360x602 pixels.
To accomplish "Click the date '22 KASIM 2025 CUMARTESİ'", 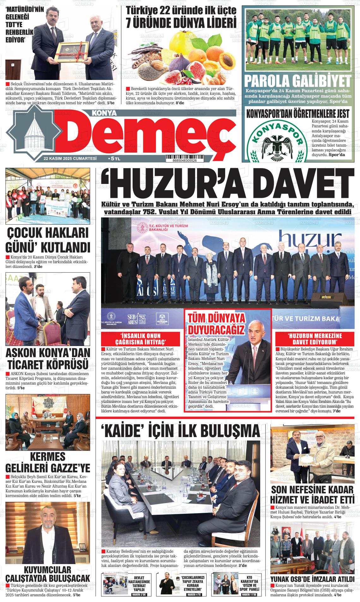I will pyautogui.click(x=70, y=158).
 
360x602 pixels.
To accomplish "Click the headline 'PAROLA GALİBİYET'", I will pyautogui.click(x=298, y=82).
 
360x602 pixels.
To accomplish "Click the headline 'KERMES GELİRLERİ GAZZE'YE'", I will pyautogui.click(x=48, y=462).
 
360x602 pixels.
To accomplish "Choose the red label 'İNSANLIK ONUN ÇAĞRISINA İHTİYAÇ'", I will pyautogui.click(x=141, y=339).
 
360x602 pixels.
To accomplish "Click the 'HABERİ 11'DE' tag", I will pyautogui.click(x=249, y=595).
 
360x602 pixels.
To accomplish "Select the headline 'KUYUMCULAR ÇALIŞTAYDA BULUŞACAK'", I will pyautogui.click(x=48, y=574).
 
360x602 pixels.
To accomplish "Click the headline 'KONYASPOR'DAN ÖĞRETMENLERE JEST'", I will pyautogui.click(x=298, y=113).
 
